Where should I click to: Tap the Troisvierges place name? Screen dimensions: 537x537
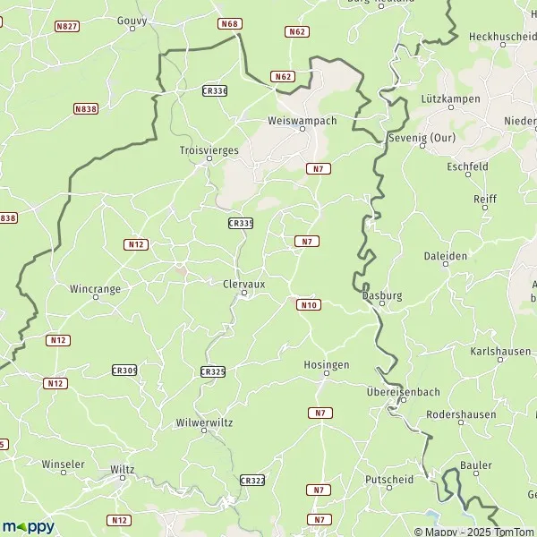pyautogui.click(x=209, y=150)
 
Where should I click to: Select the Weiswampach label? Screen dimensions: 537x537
pyautogui.click(x=302, y=120)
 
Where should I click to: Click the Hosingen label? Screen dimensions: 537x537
pyautogui.click(x=326, y=364)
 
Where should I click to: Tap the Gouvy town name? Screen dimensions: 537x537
pyautogui.click(x=132, y=19)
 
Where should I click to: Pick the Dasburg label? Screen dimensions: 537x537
pyautogui.click(x=381, y=294)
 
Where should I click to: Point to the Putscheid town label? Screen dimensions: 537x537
pyautogui.click(x=389, y=479)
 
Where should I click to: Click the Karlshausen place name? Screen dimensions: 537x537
pyautogui.click(x=500, y=351)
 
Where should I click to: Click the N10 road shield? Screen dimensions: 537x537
pyautogui.click(x=308, y=305)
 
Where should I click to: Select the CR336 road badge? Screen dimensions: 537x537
pyautogui.click(x=215, y=90)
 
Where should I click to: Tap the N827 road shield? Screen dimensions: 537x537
pyautogui.click(x=66, y=28)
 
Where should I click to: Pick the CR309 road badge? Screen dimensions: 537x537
pyautogui.click(x=124, y=370)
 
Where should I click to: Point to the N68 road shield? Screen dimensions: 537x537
pyautogui.click(x=230, y=23)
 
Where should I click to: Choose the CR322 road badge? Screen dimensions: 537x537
pyautogui.click(x=252, y=481)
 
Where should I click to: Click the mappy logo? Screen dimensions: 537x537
pyautogui.click(x=28, y=526)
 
